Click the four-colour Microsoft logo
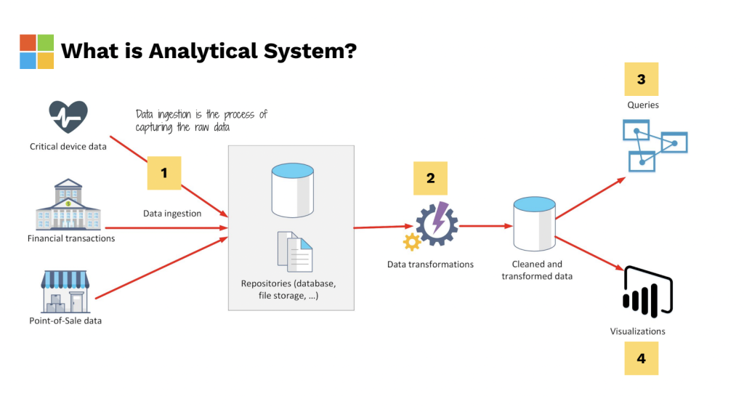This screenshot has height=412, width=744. click(x=37, y=52)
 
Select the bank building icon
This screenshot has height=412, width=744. click(x=68, y=205)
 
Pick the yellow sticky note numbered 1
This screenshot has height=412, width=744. click(x=163, y=173)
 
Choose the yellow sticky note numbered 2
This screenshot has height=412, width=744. click(x=430, y=178)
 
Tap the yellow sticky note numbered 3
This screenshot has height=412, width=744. click(x=641, y=79)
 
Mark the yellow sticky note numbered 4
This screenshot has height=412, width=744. click(x=641, y=358)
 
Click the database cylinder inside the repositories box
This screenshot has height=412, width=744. click(x=292, y=190)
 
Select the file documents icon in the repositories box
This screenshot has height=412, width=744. click(x=294, y=251)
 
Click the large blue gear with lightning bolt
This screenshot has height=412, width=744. click(x=437, y=223)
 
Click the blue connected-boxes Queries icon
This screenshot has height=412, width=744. click(x=653, y=145)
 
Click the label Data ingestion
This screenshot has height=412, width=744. click(x=172, y=214)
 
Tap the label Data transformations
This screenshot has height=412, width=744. click(x=430, y=264)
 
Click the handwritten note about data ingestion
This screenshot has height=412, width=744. click(x=201, y=121)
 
